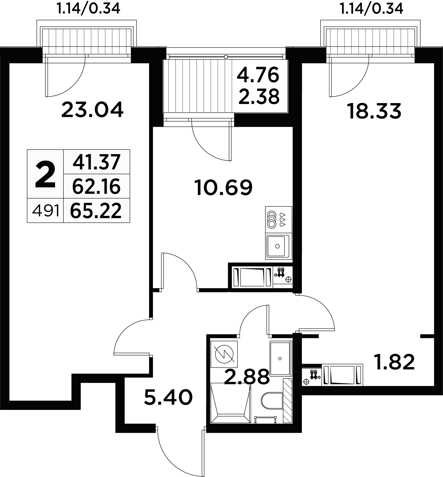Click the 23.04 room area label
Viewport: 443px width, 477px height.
click(92, 110)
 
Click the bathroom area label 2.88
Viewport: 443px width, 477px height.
click(247, 376)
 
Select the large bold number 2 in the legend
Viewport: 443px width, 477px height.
click(45, 174)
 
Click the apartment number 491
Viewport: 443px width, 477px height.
click(46, 212)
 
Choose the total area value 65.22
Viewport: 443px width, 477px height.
click(96, 211)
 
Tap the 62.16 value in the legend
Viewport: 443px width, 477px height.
click(97, 186)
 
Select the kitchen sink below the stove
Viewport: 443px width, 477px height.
click(278, 246)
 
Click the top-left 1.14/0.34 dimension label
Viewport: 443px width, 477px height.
click(88, 9)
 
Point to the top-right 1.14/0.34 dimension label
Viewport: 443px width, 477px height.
click(371, 9)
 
